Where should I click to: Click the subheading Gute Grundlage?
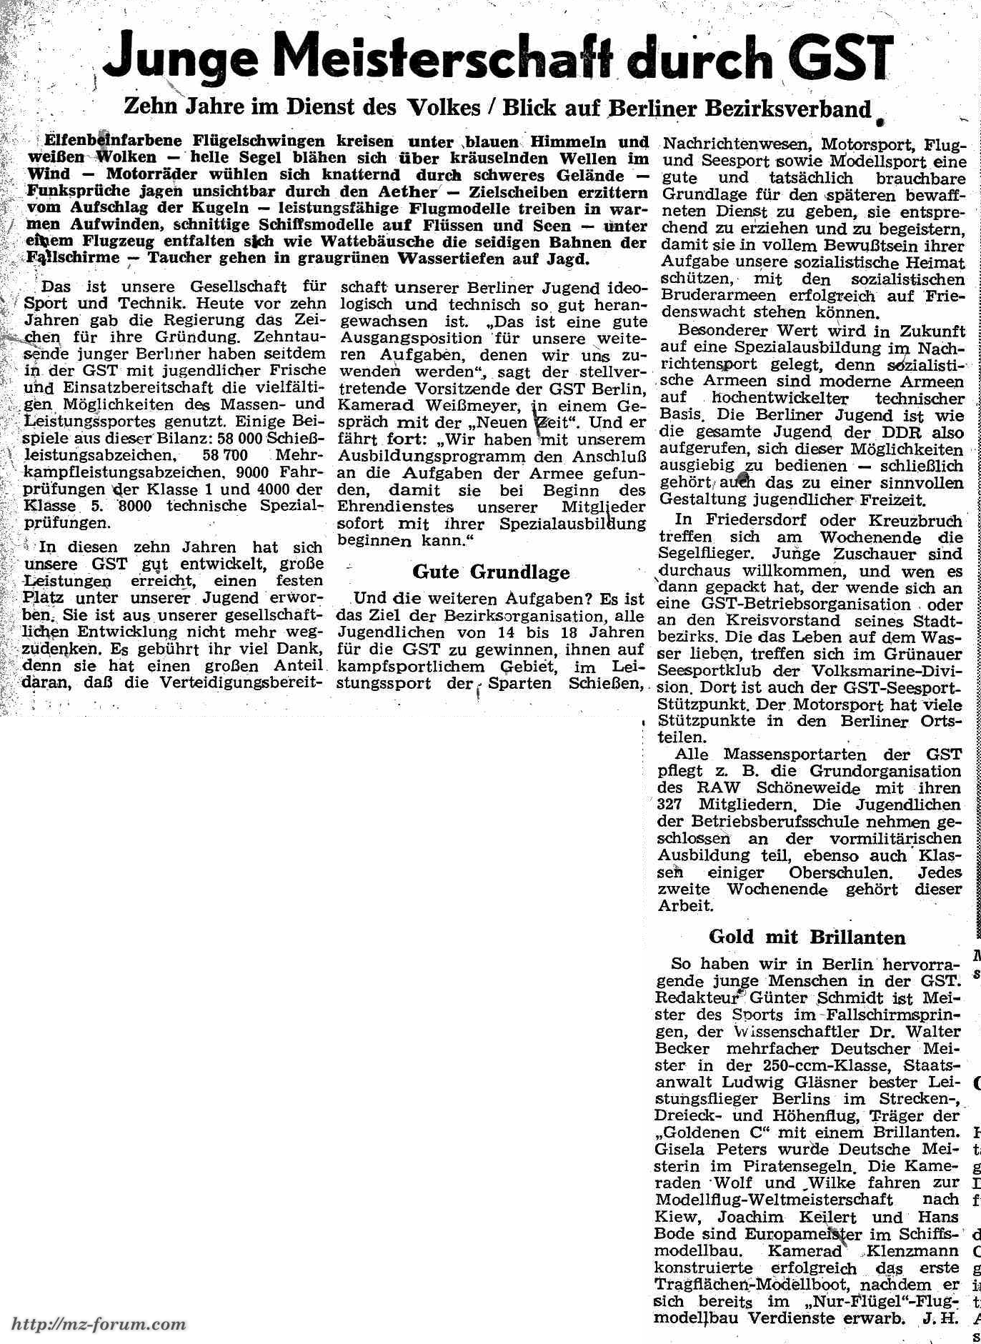point(491,572)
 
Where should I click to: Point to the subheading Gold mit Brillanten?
point(807,937)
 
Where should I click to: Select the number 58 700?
point(225,455)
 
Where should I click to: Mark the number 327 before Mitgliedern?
point(672,805)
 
